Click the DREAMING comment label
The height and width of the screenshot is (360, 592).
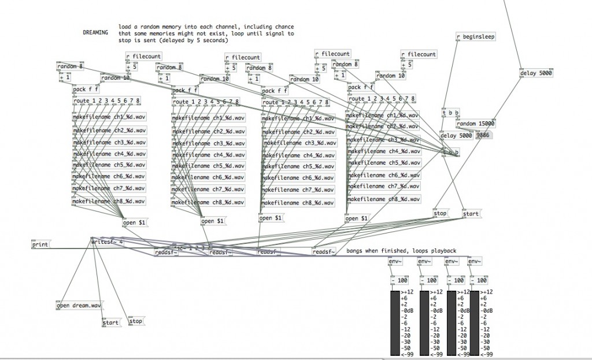coord(95,33)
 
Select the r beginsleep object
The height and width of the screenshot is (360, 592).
coord(476,37)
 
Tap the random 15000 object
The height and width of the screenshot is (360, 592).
coord(475,124)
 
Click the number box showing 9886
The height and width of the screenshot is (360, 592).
coord(483,136)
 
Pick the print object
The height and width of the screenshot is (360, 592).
coord(40,245)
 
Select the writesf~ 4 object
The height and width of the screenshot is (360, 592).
coord(108,243)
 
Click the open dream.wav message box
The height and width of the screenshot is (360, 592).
coord(79,305)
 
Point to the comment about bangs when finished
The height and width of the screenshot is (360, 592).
coord(402,251)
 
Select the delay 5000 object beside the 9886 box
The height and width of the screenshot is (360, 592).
coord(456,136)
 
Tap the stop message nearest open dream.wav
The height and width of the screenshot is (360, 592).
coord(136,321)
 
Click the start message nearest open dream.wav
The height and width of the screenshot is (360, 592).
coord(110,323)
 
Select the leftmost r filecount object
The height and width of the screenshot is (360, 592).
coord(143,55)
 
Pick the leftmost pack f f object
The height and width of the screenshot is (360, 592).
coord(86,90)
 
